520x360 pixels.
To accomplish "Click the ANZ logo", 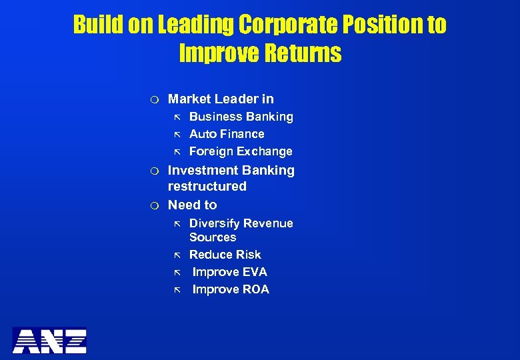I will [x=49, y=340].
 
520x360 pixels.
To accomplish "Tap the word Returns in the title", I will [x=301, y=53].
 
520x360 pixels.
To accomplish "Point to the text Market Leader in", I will [x=221, y=99].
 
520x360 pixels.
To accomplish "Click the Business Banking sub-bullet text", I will [x=241, y=117].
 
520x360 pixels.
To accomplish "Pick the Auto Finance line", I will [x=227, y=134].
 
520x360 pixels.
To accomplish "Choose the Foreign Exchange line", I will [x=241, y=151].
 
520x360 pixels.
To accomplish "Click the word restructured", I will [x=207, y=186].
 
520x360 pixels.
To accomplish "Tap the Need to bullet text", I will [x=192, y=205].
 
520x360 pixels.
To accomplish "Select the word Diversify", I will [x=213, y=223].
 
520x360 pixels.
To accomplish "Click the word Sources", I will [x=213, y=237].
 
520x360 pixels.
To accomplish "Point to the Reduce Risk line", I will [x=225, y=255].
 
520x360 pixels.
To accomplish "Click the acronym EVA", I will [x=254, y=272].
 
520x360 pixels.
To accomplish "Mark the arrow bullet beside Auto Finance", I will [x=177, y=135].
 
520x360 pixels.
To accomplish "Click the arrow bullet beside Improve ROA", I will [x=177, y=290].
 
